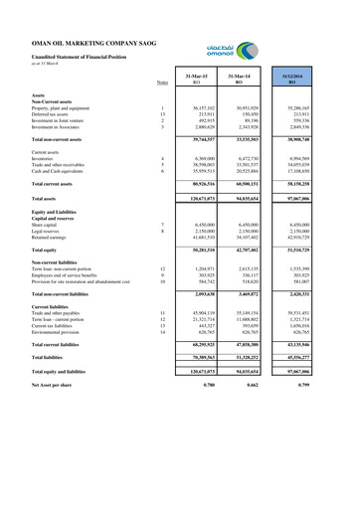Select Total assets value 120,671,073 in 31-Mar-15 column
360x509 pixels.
point(202,200)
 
